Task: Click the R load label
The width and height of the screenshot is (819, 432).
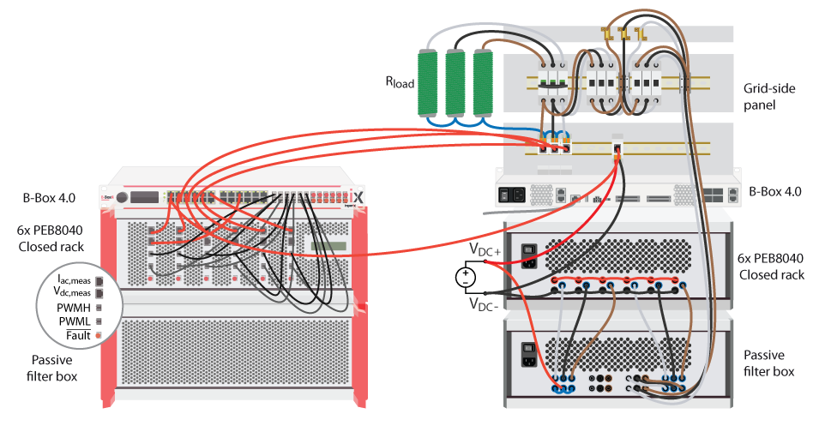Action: coord(399,83)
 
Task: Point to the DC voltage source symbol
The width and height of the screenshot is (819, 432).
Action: coord(464,276)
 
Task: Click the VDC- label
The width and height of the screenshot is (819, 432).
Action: coord(485,303)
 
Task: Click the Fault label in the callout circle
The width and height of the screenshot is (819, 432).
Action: coord(77,334)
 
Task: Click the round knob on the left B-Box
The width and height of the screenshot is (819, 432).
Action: coord(122,197)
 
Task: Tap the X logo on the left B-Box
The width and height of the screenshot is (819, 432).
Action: coord(358,197)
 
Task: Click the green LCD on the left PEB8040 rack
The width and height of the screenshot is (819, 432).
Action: coord(330,246)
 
